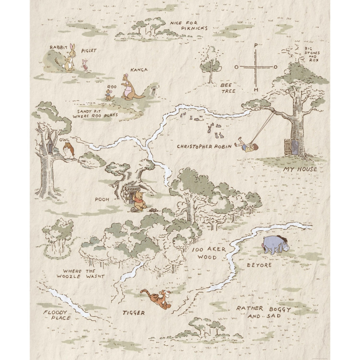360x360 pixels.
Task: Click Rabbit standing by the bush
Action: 70,58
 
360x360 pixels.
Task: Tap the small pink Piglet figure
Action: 85,63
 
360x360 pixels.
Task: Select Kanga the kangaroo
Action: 130,88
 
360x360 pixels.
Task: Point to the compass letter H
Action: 256,90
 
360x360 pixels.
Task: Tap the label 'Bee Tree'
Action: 228,88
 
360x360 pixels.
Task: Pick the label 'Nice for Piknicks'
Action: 189,25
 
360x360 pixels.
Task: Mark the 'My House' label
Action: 300,169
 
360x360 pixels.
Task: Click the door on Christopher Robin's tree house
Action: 288,146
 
